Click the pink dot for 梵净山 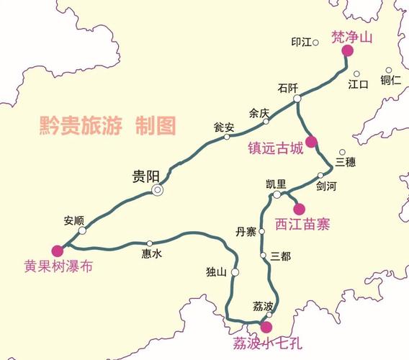tap(347, 50)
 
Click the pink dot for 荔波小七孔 tap(266, 327)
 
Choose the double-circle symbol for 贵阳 tap(157, 190)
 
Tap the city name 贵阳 tap(146, 175)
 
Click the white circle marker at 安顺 tap(82, 230)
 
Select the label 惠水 tap(151, 253)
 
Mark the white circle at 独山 tap(235, 272)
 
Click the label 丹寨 tap(246, 231)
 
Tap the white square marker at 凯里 tap(277, 195)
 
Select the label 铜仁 tap(391, 80)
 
